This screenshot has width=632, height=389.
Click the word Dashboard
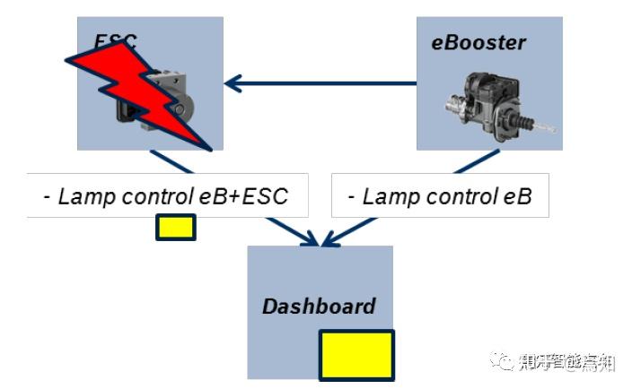click(x=319, y=307)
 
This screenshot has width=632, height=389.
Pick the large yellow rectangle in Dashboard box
click(x=356, y=354)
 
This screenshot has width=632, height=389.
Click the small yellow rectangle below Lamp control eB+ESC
click(x=175, y=228)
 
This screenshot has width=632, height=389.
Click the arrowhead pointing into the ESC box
click(x=233, y=84)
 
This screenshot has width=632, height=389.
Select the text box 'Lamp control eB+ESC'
click(x=167, y=196)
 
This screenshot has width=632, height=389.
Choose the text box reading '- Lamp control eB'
click(x=439, y=196)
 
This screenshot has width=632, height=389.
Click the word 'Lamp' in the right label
click(x=387, y=196)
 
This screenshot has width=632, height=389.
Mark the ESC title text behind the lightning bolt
click(x=115, y=39)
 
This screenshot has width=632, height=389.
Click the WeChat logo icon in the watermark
click(x=498, y=362)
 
